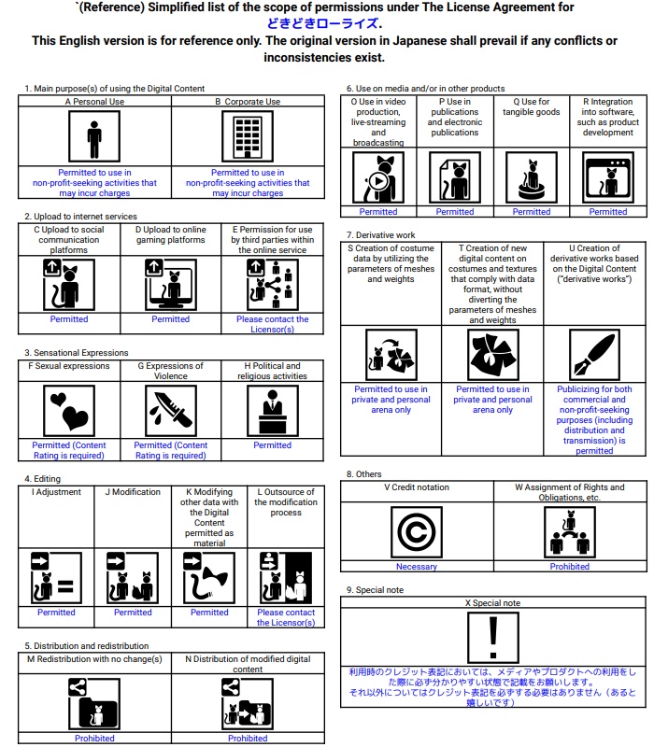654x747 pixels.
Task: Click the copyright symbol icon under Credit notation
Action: click(416, 531)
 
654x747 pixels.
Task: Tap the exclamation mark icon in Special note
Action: click(493, 639)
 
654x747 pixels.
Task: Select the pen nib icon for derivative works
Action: click(594, 355)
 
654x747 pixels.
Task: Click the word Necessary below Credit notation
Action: click(416, 567)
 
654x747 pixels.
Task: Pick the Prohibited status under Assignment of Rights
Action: click(569, 567)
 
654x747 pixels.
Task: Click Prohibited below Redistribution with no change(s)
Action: click(94, 739)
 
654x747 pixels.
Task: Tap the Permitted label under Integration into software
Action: click(608, 212)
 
